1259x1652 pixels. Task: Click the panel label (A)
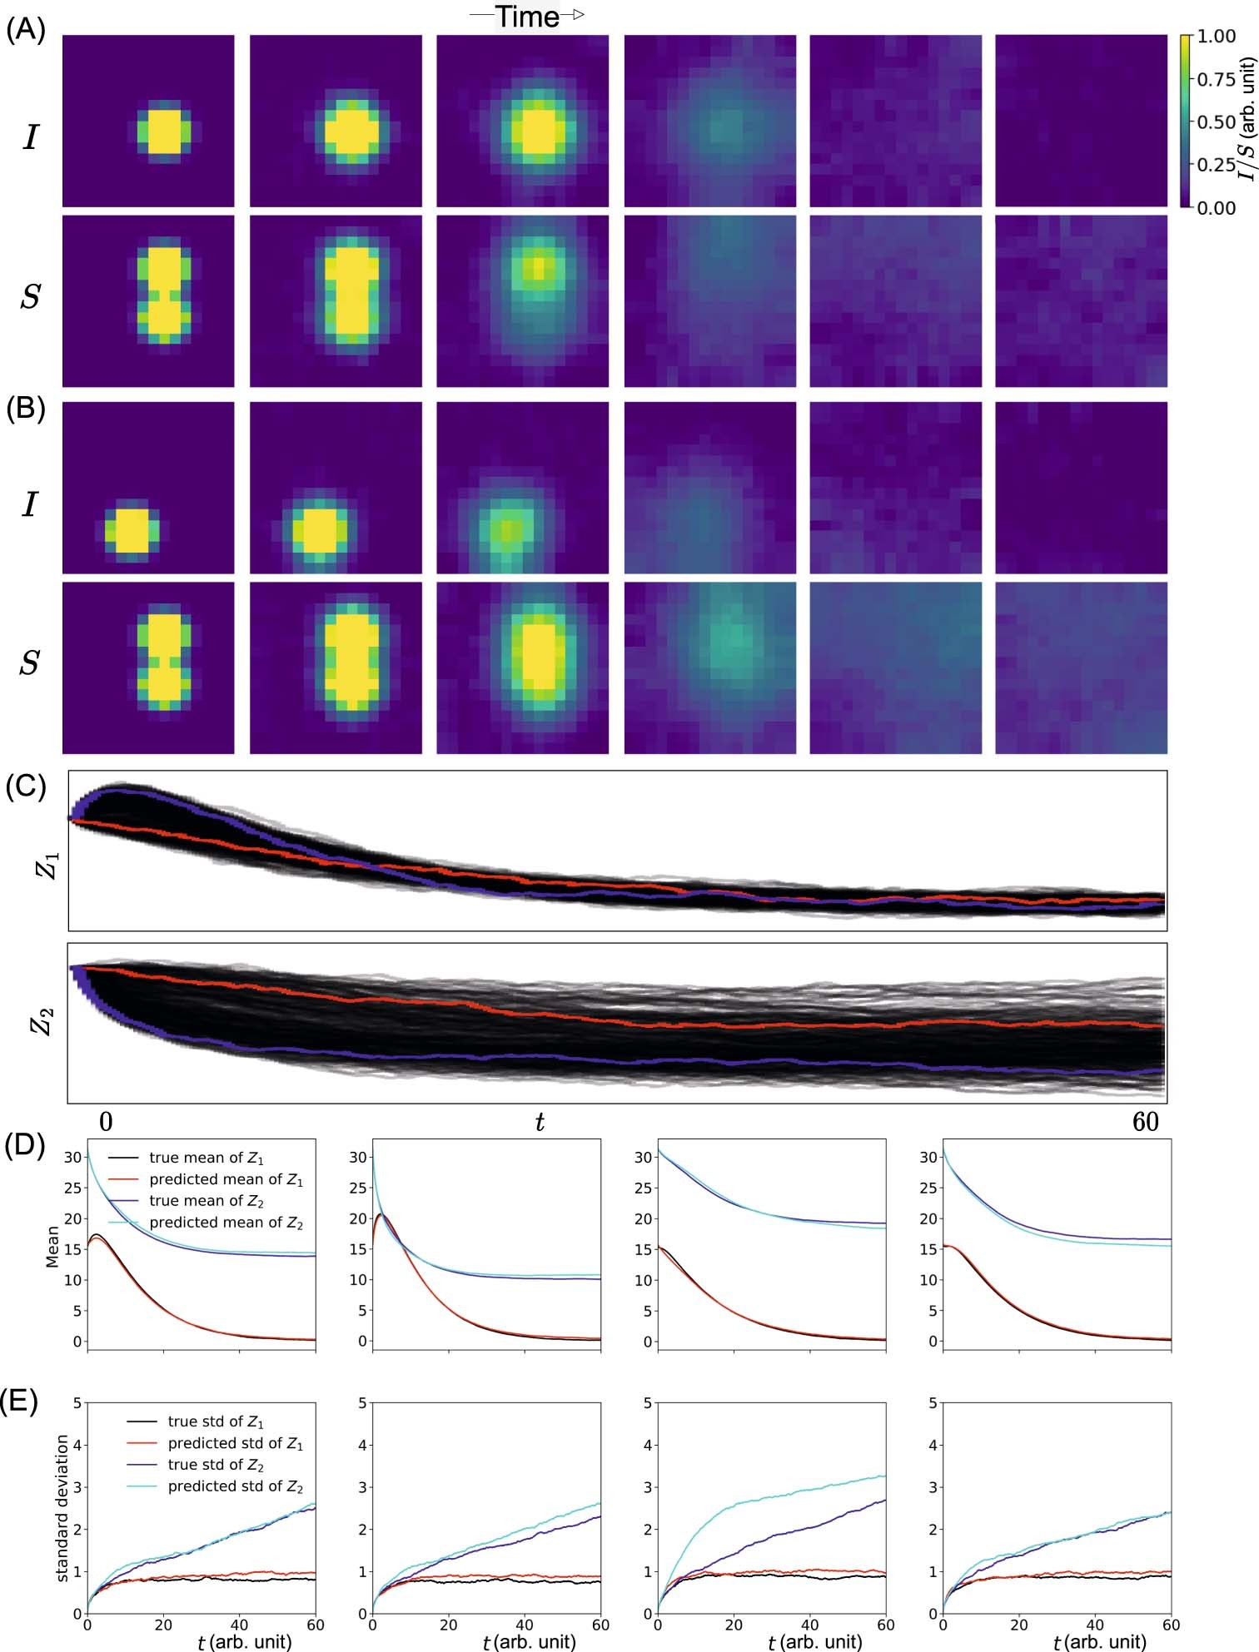25,31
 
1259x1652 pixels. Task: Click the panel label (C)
25,786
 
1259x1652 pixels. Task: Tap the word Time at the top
527,17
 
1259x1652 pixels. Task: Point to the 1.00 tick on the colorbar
1216,37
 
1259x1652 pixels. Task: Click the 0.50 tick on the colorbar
1216,122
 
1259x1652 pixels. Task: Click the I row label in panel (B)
31,504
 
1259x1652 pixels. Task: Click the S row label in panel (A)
31,297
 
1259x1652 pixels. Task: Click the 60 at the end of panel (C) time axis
1146,1123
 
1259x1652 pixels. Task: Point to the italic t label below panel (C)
540,1124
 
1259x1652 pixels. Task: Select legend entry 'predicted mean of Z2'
226,1223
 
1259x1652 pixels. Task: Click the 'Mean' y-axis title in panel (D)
52,1246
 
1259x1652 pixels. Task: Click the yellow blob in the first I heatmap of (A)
164,131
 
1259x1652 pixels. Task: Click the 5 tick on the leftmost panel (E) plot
77,1402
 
